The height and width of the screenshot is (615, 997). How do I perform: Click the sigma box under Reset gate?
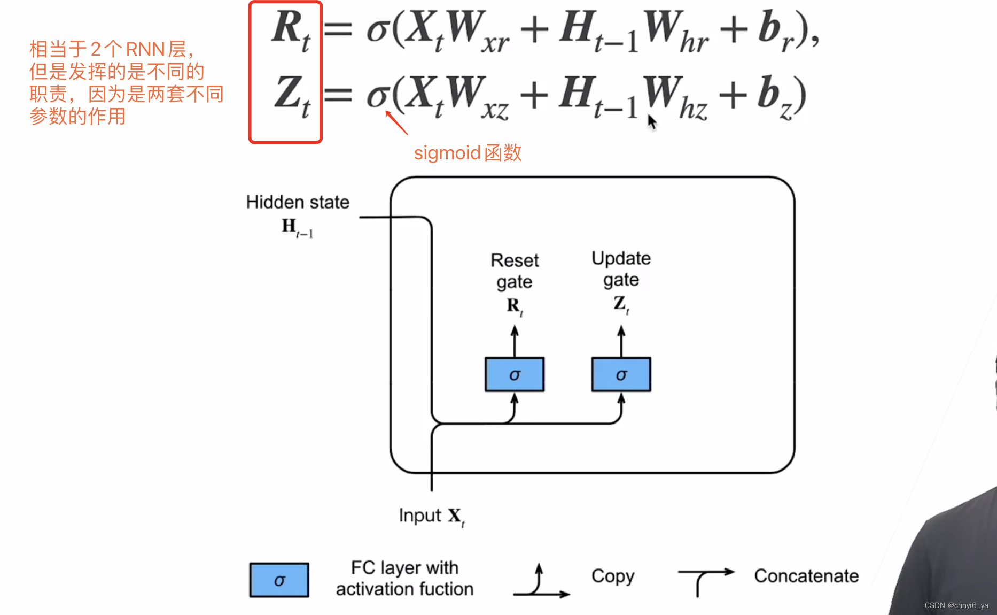click(514, 374)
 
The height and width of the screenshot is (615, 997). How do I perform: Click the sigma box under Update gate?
click(621, 374)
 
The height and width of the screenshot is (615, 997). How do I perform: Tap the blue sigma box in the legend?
click(279, 580)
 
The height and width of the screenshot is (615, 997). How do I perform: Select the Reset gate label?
click(515, 271)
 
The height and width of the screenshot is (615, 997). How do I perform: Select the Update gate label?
click(621, 269)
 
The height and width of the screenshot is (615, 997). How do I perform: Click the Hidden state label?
click(298, 202)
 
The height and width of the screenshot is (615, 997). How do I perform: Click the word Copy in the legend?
click(613, 576)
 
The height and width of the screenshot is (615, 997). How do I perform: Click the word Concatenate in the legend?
click(806, 576)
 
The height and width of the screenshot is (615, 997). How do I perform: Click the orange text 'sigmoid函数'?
click(468, 153)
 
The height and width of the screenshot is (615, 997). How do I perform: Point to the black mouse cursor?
click(651, 121)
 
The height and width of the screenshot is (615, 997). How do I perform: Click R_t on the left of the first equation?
click(290, 30)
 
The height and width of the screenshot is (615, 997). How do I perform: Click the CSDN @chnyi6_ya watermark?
click(956, 605)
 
